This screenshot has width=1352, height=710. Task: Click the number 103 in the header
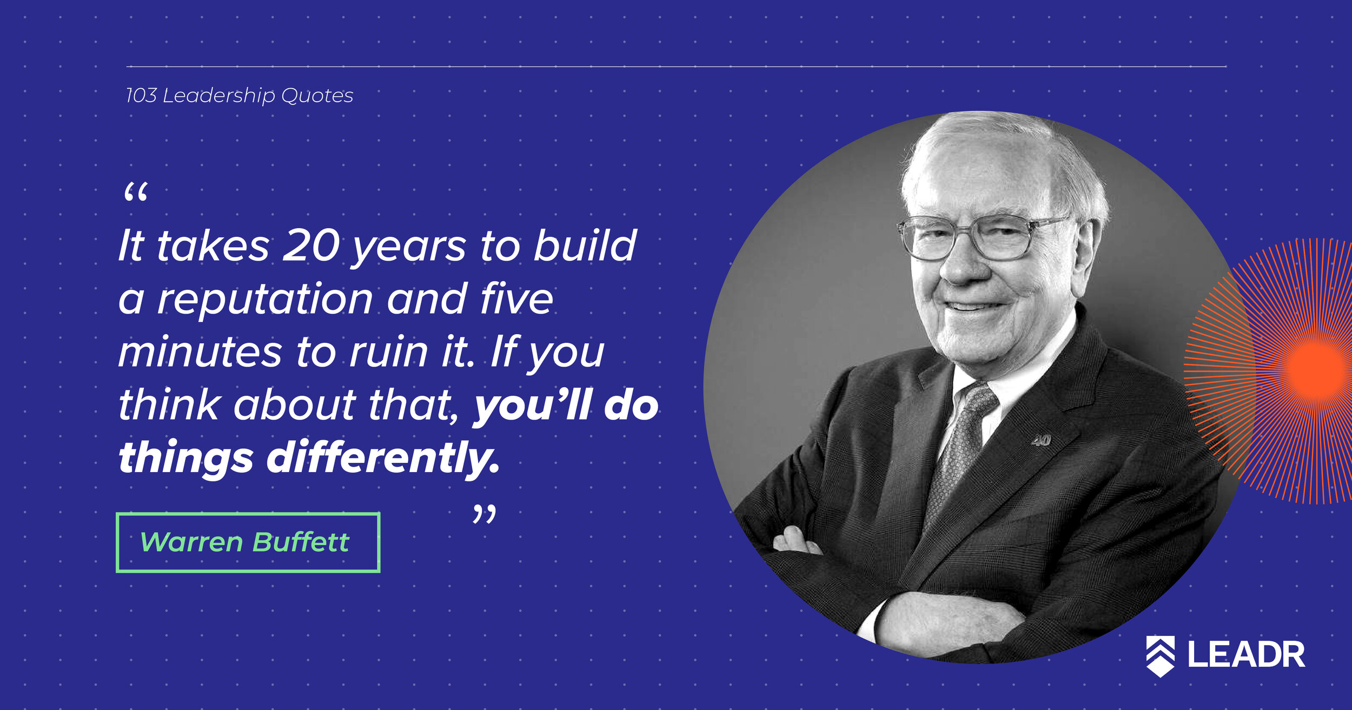[x=141, y=96]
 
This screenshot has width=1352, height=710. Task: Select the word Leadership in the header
[x=219, y=96]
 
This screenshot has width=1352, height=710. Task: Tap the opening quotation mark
[x=136, y=193]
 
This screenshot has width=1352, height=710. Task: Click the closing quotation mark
[x=484, y=514]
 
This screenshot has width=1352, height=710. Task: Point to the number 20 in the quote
[x=311, y=245]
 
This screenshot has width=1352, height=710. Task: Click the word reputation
[x=265, y=298]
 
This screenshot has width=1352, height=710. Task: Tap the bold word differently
[x=383, y=457]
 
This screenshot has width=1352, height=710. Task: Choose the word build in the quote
[x=585, y=245]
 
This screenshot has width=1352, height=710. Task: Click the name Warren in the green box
[x=191, y=542]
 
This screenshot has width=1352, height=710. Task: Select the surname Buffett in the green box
[x=301, y=542]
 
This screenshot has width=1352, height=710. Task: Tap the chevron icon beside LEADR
[x=1160, y=656]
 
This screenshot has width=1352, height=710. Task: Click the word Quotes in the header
[x=317, y=96]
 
